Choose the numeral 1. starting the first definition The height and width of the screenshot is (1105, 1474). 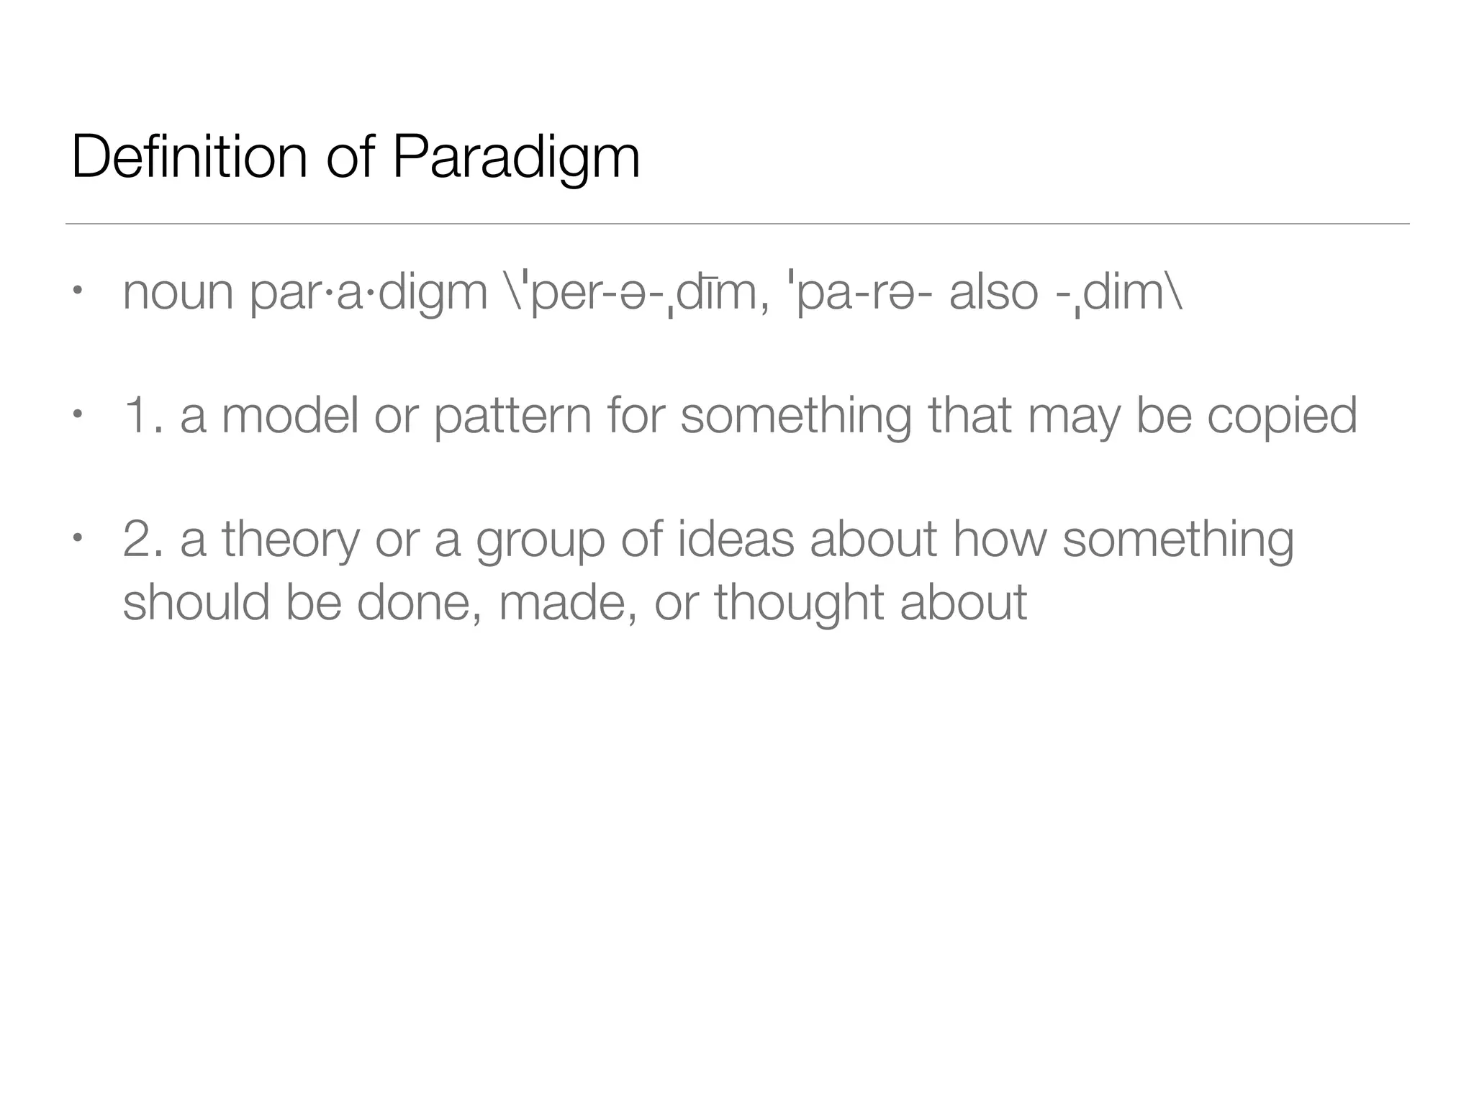tap(142, 416)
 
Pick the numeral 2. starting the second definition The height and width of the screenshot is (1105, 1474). tap(143, 540)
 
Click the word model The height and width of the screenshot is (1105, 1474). tap(289, 416)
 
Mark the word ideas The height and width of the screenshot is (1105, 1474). tap(736, 540)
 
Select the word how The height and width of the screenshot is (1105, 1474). tap(1000, 540)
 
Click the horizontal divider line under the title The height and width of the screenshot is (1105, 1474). tap(737, 224)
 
